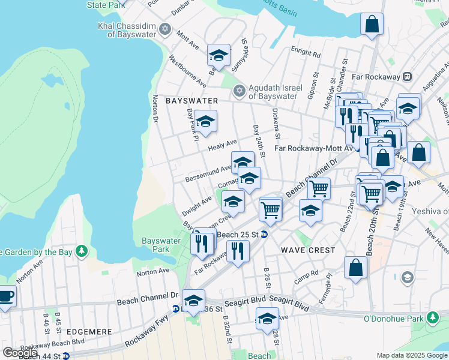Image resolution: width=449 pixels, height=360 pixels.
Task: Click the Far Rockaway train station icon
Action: [x=407, y=77]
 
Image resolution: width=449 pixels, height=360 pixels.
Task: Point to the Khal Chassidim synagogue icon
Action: [x=165, y=30]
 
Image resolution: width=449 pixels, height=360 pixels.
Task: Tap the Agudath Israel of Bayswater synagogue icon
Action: [x=240, y=91]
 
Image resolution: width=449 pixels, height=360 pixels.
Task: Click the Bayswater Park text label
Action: [x=160, y=245]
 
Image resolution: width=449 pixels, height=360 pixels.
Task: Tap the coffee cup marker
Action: [x=6, y=296]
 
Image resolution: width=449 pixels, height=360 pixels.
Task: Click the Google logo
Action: [x=20, y=353]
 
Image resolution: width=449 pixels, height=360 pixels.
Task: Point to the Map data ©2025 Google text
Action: [x=411, y=355]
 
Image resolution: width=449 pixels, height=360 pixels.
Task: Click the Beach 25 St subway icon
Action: [x=264, y=234]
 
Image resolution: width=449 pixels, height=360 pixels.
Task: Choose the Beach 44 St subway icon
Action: [x=66, y=356]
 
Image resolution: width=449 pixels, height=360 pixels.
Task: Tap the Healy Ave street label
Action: [x=222, y=146]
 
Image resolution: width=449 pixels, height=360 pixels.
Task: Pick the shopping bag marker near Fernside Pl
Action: [x=355, y=268]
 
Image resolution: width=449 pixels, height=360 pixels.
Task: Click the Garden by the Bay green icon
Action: [x=82, y=251]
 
